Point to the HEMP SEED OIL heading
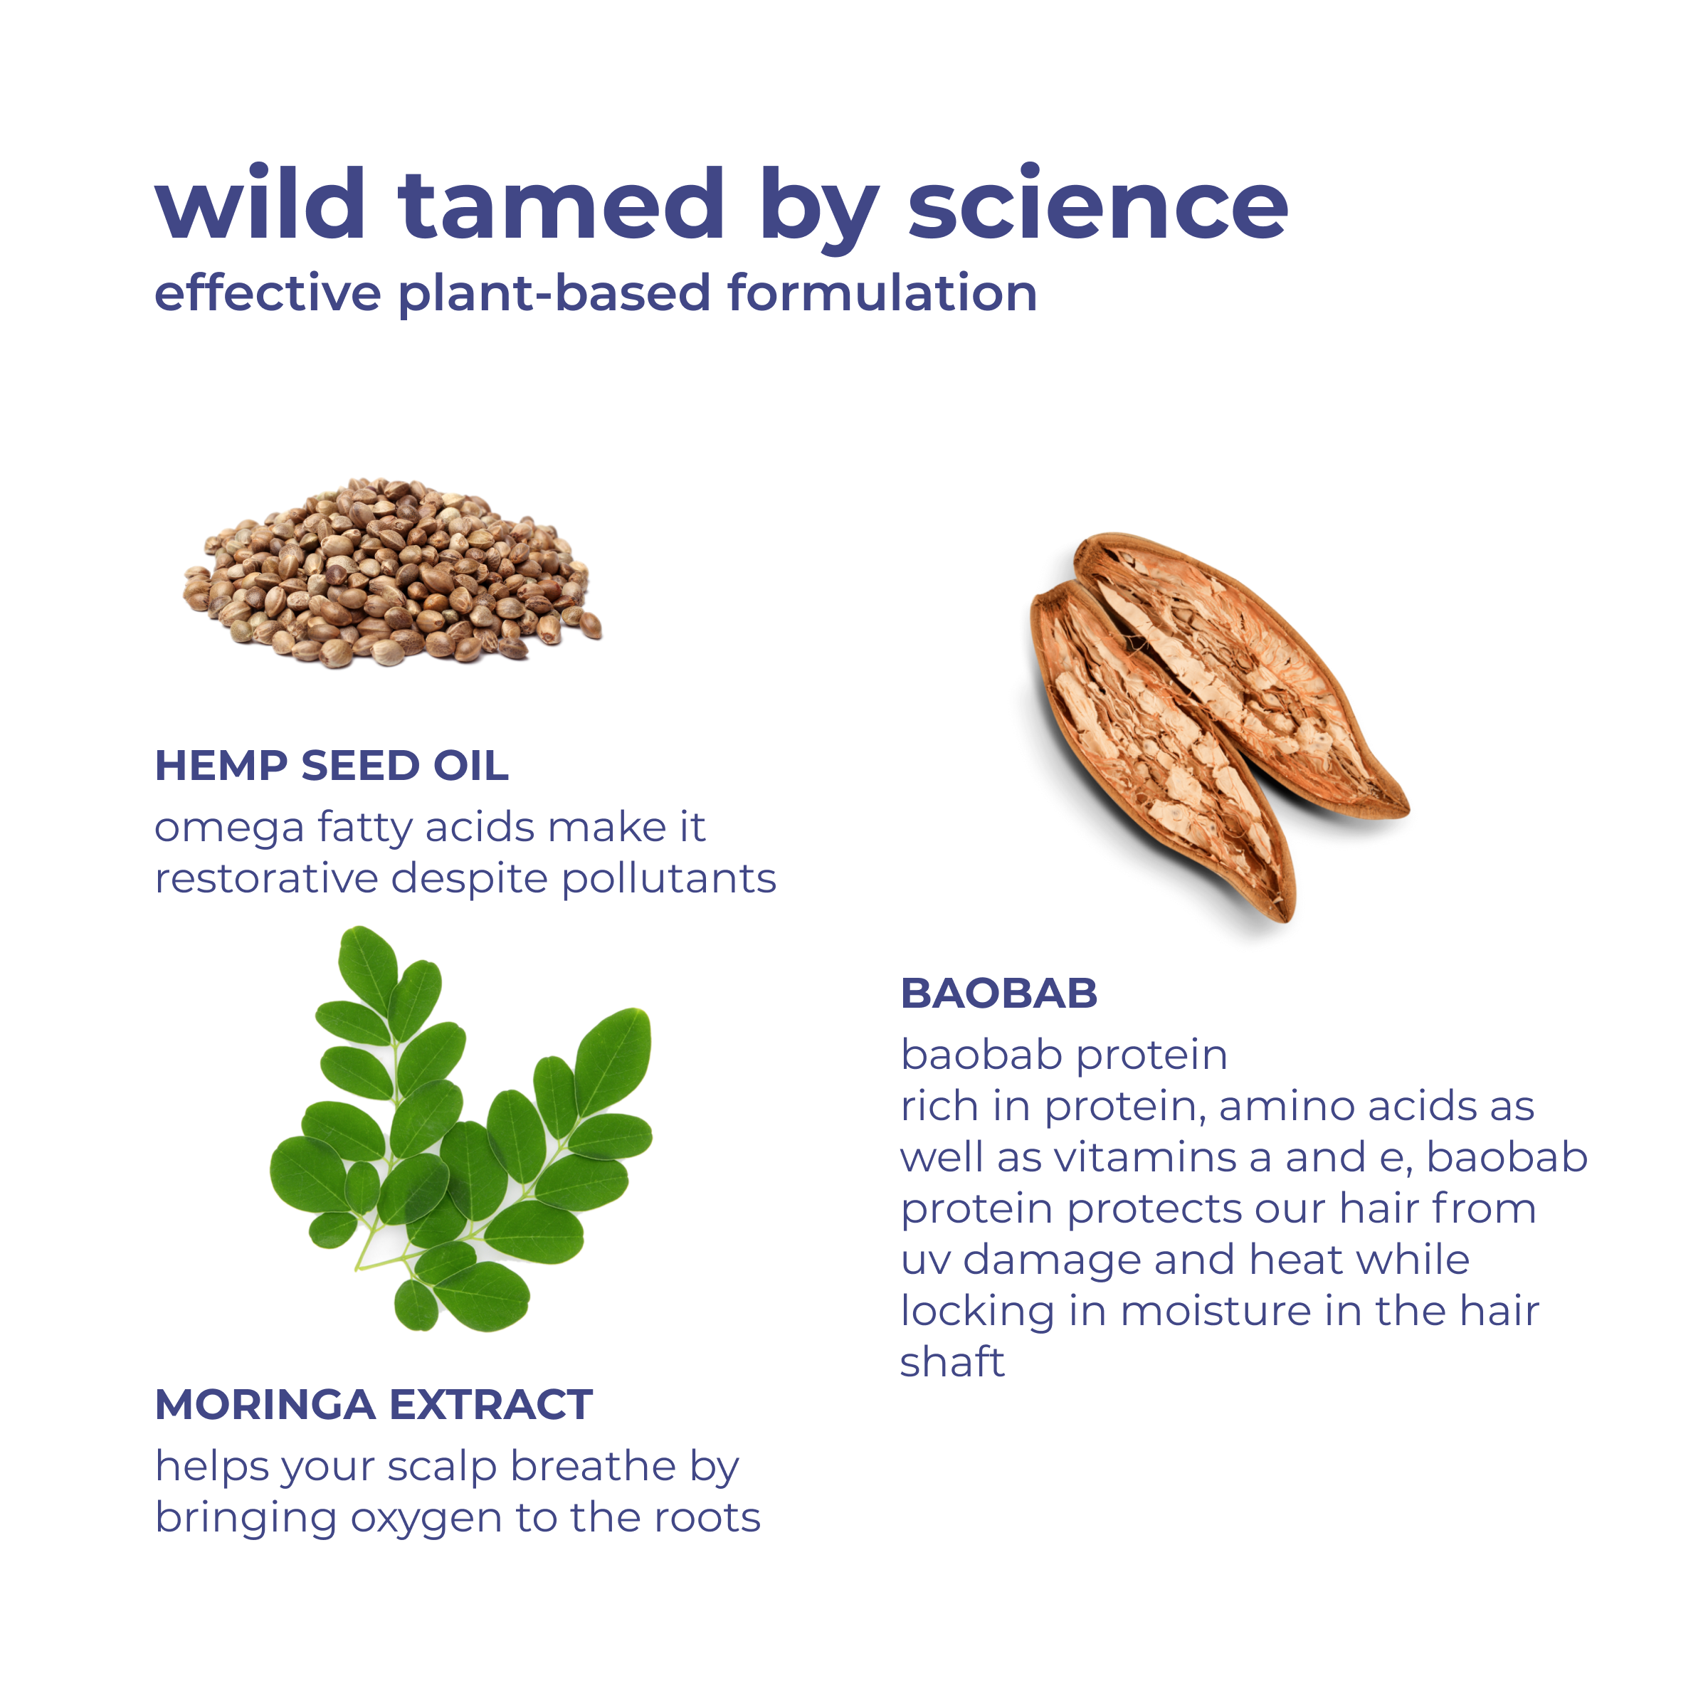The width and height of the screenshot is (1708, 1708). (x=332, y=766)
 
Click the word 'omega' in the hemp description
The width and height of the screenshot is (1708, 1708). (x=230, y=828)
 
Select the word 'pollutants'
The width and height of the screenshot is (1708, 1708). (x=669, y=879)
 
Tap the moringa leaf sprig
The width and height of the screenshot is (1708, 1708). (x=460, y=1129)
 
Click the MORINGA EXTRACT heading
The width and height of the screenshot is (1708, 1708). (x=374, y=1405)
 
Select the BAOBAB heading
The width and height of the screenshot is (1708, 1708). (x=999, y=993)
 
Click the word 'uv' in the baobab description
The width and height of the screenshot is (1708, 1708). (x=924, y=1260)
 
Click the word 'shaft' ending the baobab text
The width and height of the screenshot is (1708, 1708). (x=952, y=1362)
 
